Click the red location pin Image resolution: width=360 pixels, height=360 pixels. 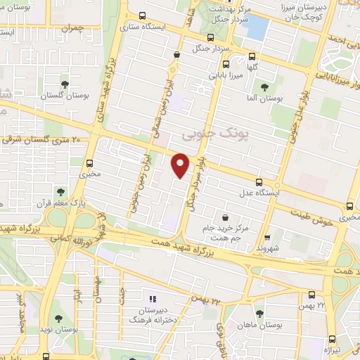181,165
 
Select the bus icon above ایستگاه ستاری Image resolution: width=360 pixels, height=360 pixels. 143,15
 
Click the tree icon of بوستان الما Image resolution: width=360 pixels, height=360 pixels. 264,87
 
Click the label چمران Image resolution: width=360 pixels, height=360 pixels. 72,29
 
